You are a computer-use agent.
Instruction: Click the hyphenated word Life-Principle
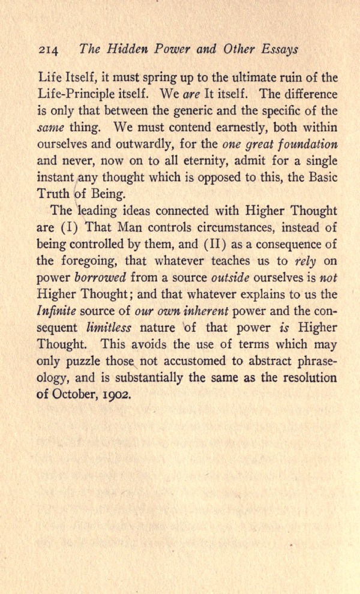(75, 95)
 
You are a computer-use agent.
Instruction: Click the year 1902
(115, 395)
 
